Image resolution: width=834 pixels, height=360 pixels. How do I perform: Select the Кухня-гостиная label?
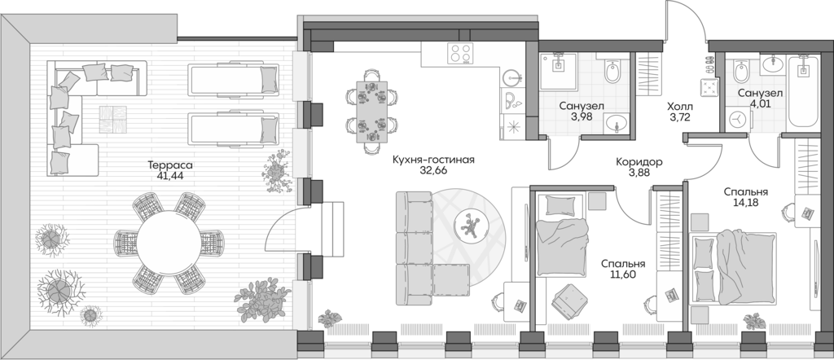pyautogui.click(x=432, y=160)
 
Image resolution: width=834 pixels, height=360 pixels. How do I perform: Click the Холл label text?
pyautogui.click(x=680, y=107)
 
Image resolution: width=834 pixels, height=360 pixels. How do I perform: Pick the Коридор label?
pyautogui.click(x=639, y=162)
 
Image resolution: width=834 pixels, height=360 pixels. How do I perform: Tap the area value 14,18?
pyautogui.click(x=746, y=204)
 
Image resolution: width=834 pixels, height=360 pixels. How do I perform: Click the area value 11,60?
pyautogui.click(x=623, y=275)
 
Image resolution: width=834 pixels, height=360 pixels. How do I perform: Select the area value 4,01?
pyautogui.click(x=760, y=104)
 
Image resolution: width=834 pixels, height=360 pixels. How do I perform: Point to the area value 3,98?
pyautogui.click(x=581, y=117)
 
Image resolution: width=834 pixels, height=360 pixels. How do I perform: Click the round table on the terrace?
pyautogui.click(x=168, y=242)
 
